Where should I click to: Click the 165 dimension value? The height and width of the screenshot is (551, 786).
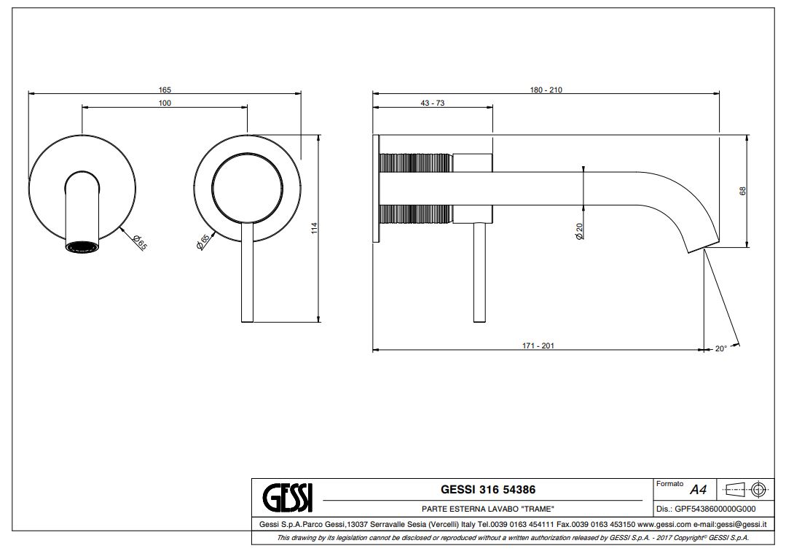165,90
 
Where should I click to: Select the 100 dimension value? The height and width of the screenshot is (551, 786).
165,103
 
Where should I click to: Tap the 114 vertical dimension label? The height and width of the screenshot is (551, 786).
315,229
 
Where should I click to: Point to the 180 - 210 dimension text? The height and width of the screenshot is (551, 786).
546,90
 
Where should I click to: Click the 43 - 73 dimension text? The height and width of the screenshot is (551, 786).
433,103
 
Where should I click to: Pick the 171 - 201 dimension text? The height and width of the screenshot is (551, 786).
538,346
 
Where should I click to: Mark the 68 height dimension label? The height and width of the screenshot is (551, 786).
743,191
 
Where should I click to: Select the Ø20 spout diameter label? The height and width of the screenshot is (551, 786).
579,231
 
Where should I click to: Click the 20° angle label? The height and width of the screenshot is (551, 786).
721,349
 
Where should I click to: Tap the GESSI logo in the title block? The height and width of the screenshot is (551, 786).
288,497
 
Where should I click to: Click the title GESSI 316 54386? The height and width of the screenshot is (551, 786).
488,489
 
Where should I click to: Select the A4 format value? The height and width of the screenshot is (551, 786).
699,489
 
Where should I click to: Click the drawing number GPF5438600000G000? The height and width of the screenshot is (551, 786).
715,509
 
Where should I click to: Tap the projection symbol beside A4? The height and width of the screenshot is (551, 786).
747,489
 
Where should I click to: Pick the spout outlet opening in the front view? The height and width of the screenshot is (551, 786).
82,246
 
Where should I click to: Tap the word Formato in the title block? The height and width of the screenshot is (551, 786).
669,484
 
